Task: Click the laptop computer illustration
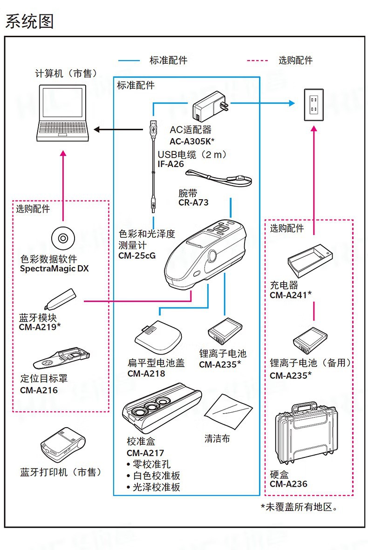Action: pos(62,114)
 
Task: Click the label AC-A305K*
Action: pos(191,141)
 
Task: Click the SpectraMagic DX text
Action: pos(54,269)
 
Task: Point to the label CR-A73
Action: pos(193,202)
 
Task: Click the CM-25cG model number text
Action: pos(137,255)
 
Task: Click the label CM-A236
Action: pos(288,484)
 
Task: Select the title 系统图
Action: pos(29,21)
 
